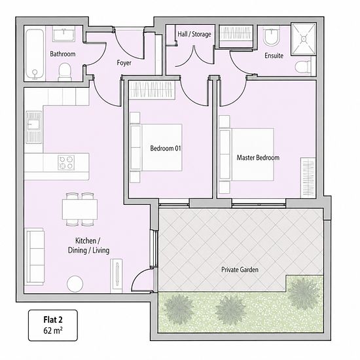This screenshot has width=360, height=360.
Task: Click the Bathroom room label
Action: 63,54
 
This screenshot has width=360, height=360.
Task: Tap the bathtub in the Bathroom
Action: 35,54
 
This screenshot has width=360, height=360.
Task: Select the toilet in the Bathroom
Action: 65,71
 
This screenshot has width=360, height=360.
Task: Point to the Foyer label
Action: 124,63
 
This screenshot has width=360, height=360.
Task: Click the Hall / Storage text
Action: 194,34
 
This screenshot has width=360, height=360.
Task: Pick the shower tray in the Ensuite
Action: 304,39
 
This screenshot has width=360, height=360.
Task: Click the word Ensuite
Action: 274,56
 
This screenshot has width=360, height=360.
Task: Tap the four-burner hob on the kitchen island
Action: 66,162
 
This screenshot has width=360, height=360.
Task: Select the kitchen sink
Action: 34,128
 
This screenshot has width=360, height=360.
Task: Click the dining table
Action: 80,209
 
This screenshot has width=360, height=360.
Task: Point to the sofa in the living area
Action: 35,257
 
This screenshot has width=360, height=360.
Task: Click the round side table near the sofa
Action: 75,284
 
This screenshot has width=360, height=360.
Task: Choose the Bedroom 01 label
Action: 166,149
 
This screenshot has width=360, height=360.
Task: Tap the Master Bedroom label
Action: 258,158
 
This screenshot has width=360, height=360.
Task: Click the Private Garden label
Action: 240,270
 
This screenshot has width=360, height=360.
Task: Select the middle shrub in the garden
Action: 230,310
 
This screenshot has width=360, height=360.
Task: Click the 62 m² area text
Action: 53,331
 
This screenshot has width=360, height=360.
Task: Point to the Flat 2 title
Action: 53,319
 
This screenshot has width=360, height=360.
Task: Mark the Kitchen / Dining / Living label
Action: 88,245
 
